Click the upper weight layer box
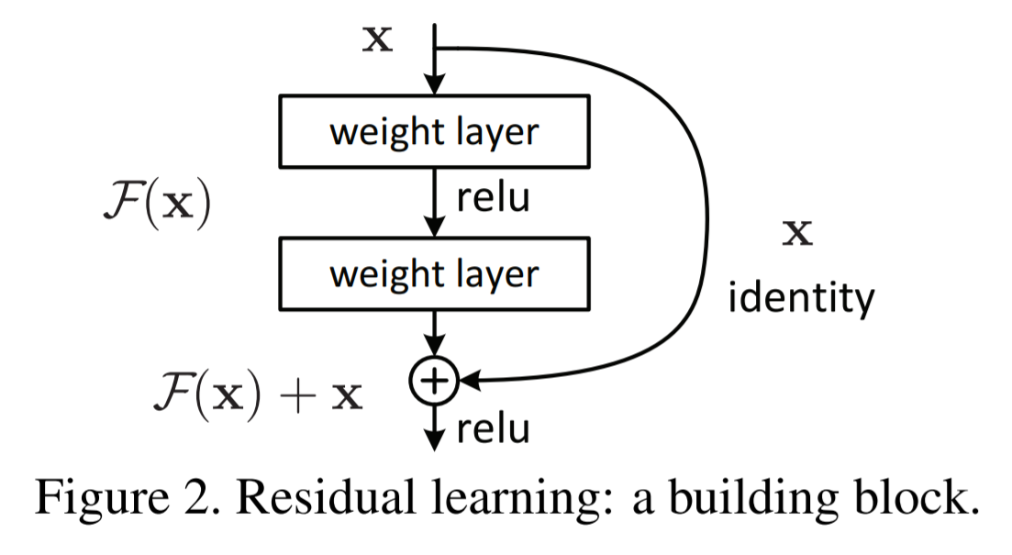[434, 132]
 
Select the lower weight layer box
[434, 273]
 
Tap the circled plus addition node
[434, 381]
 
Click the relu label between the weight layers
[493, 197]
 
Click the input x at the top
[378, 39]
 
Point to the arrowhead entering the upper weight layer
[434, 84]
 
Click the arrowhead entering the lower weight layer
[434, 227]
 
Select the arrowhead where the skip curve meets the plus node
[470, 381]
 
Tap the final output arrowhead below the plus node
[434, 440]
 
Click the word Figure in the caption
[101, 497]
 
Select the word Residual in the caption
[326, 497]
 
